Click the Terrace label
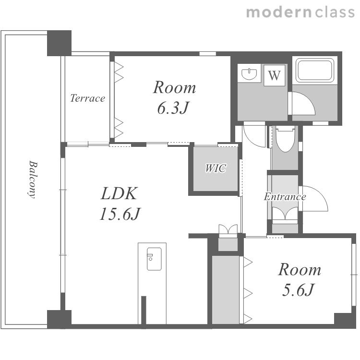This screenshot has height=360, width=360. (87, 98)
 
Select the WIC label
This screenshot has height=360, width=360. (216, 168)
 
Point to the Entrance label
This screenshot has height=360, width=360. (285, 197)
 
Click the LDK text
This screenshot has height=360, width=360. (119, 193)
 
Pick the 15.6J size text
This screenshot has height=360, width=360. (120, 214)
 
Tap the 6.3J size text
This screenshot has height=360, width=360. (173, 108)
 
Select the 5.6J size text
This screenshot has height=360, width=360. (298, 290)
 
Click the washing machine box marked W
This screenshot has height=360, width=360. (275, 75)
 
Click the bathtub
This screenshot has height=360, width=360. (315, 70)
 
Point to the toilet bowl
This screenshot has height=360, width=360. (286, 139)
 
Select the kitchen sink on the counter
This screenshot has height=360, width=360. (154, 259)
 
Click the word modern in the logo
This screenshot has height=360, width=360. (279, 12)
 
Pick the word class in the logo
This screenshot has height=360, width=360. (335, 12)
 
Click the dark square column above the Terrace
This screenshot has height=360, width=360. (59, 43)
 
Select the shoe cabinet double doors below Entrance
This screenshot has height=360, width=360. (285, 213)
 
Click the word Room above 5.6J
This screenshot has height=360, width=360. (300, 269)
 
